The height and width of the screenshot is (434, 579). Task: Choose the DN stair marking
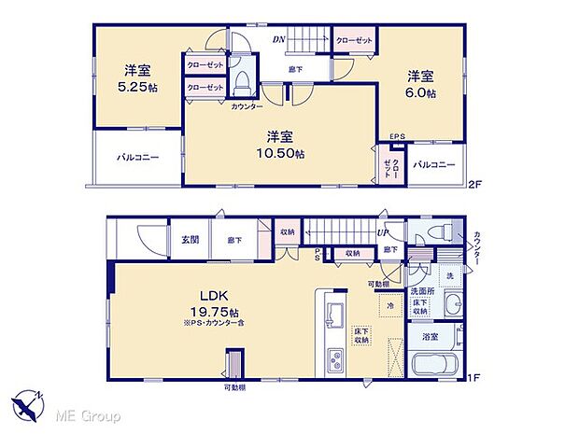coord(279,39)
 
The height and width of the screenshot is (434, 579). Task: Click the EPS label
coord(397,137)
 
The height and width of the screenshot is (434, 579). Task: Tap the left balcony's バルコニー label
coord(137,157)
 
